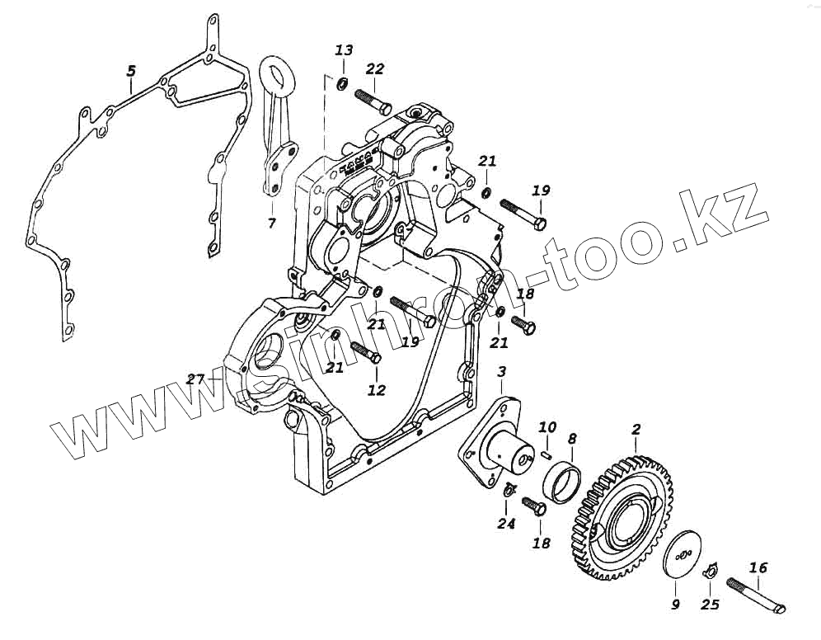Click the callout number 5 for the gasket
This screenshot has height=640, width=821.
tap(130, 72)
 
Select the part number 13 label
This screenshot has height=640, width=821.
tap(344, 50)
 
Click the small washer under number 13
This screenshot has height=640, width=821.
tap(342, 83)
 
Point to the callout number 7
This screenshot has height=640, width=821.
tap(271, 223)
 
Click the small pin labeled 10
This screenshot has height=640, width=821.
tap(547, 451)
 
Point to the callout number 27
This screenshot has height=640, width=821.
tap(195, 379)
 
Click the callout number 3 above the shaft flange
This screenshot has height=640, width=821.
tap(501, 374)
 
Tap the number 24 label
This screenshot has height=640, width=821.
tap(505, 523)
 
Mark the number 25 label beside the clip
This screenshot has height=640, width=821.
tap(710, 605)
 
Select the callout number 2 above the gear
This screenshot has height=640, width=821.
tap(636, 430)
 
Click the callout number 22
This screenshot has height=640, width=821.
tap(375, 68)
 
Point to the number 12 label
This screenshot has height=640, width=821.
tap(376, 390)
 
